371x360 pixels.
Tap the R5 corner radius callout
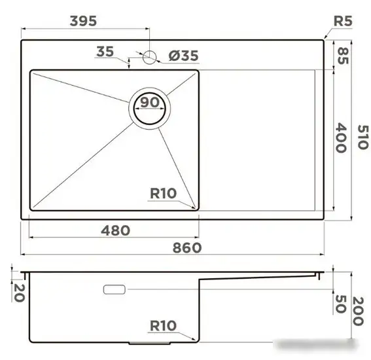pos(343,22)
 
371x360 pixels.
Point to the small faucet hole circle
pos(150,56)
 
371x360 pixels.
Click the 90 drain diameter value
pos(150,103)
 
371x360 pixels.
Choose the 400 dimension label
pos(341,137)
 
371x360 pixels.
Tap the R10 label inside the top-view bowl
pos(163,193)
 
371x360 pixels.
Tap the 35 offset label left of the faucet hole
pos(105,52)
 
